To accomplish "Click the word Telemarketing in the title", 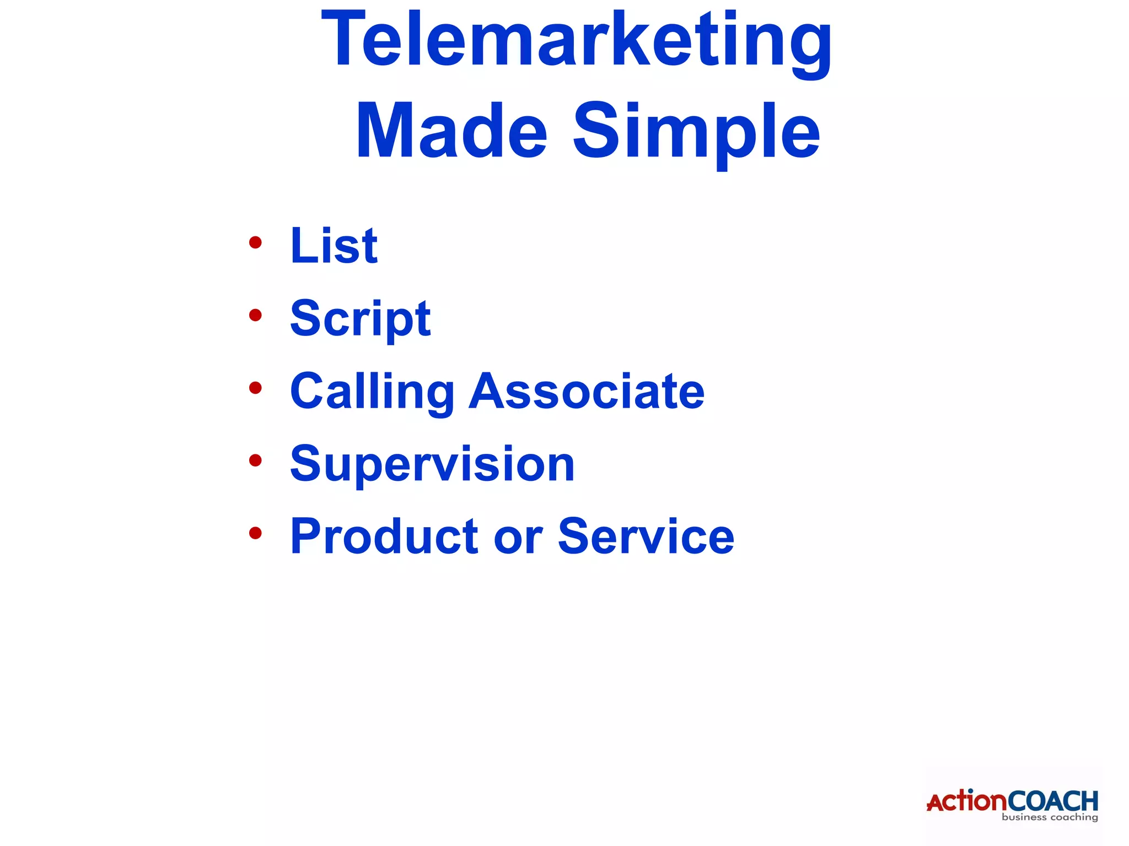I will point(576,41).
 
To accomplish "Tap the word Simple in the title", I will point(697,132).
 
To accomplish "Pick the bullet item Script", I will point(360,319).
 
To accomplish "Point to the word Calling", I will point(372,392).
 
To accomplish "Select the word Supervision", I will point(432,465).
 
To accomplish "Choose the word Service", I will point(646,536).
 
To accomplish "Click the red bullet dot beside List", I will point(255,242).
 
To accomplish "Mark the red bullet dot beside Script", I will point(255,315).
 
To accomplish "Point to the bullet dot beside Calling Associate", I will point(255,388).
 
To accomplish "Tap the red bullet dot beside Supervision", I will point(255,460).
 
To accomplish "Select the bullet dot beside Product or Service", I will point(255,533).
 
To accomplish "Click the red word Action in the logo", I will point(967,801).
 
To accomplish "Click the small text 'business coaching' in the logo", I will point(1050,817).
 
